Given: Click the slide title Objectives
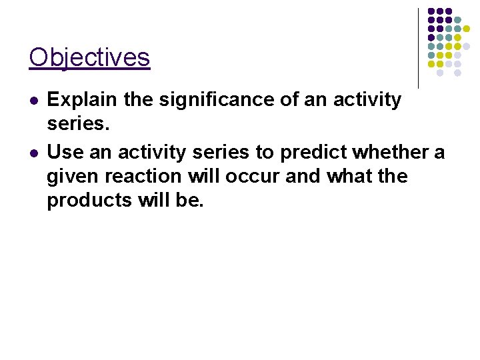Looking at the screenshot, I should coord(89,57).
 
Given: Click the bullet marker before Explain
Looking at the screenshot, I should coord(34,101).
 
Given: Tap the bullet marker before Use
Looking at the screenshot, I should coord(34,153).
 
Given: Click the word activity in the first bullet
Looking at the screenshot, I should coord(364,101).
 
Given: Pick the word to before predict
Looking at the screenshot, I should coord(265,153).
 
